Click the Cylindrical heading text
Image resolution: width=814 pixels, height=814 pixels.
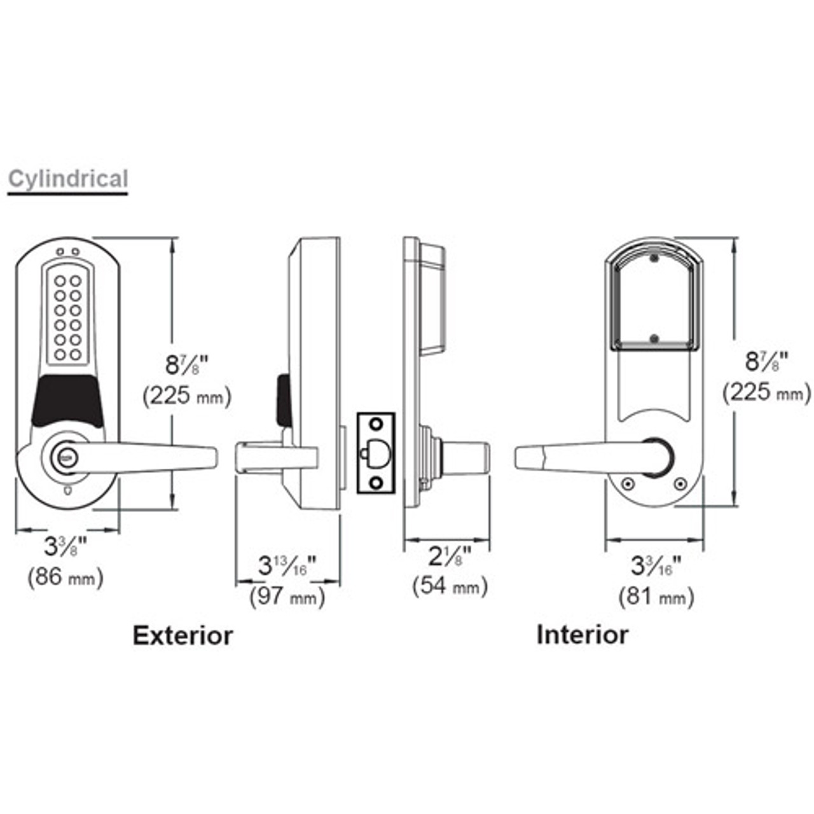(x=68, y=179)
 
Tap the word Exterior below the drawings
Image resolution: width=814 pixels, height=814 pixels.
(x=183, y=635)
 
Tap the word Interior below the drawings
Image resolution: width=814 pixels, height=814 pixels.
(x=582, y=635)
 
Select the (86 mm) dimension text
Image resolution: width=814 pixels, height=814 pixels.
(x=66, y=577)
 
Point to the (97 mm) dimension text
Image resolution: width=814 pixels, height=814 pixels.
(x=287, y=597)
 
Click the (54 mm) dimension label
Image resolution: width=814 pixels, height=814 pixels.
(x=450, y=585)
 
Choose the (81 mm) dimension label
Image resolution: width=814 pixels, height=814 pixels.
(x=656, y=597)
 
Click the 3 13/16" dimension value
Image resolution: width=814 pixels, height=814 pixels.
(x=287, y=565)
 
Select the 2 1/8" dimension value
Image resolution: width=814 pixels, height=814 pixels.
(x=449, y=556)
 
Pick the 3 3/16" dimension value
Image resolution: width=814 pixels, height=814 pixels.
(x=656, y=565)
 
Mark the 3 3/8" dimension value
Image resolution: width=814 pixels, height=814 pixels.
(x=65, y=546)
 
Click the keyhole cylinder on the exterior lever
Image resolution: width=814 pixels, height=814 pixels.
(x=66, y=456)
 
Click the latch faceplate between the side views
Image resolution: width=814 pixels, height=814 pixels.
(x=376, y=453)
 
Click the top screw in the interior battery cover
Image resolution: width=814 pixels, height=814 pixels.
(x=653, y=259)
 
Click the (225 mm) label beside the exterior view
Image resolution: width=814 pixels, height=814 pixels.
(x=186, y=396)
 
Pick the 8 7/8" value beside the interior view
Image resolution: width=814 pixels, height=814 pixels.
(x=766, y=362)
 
